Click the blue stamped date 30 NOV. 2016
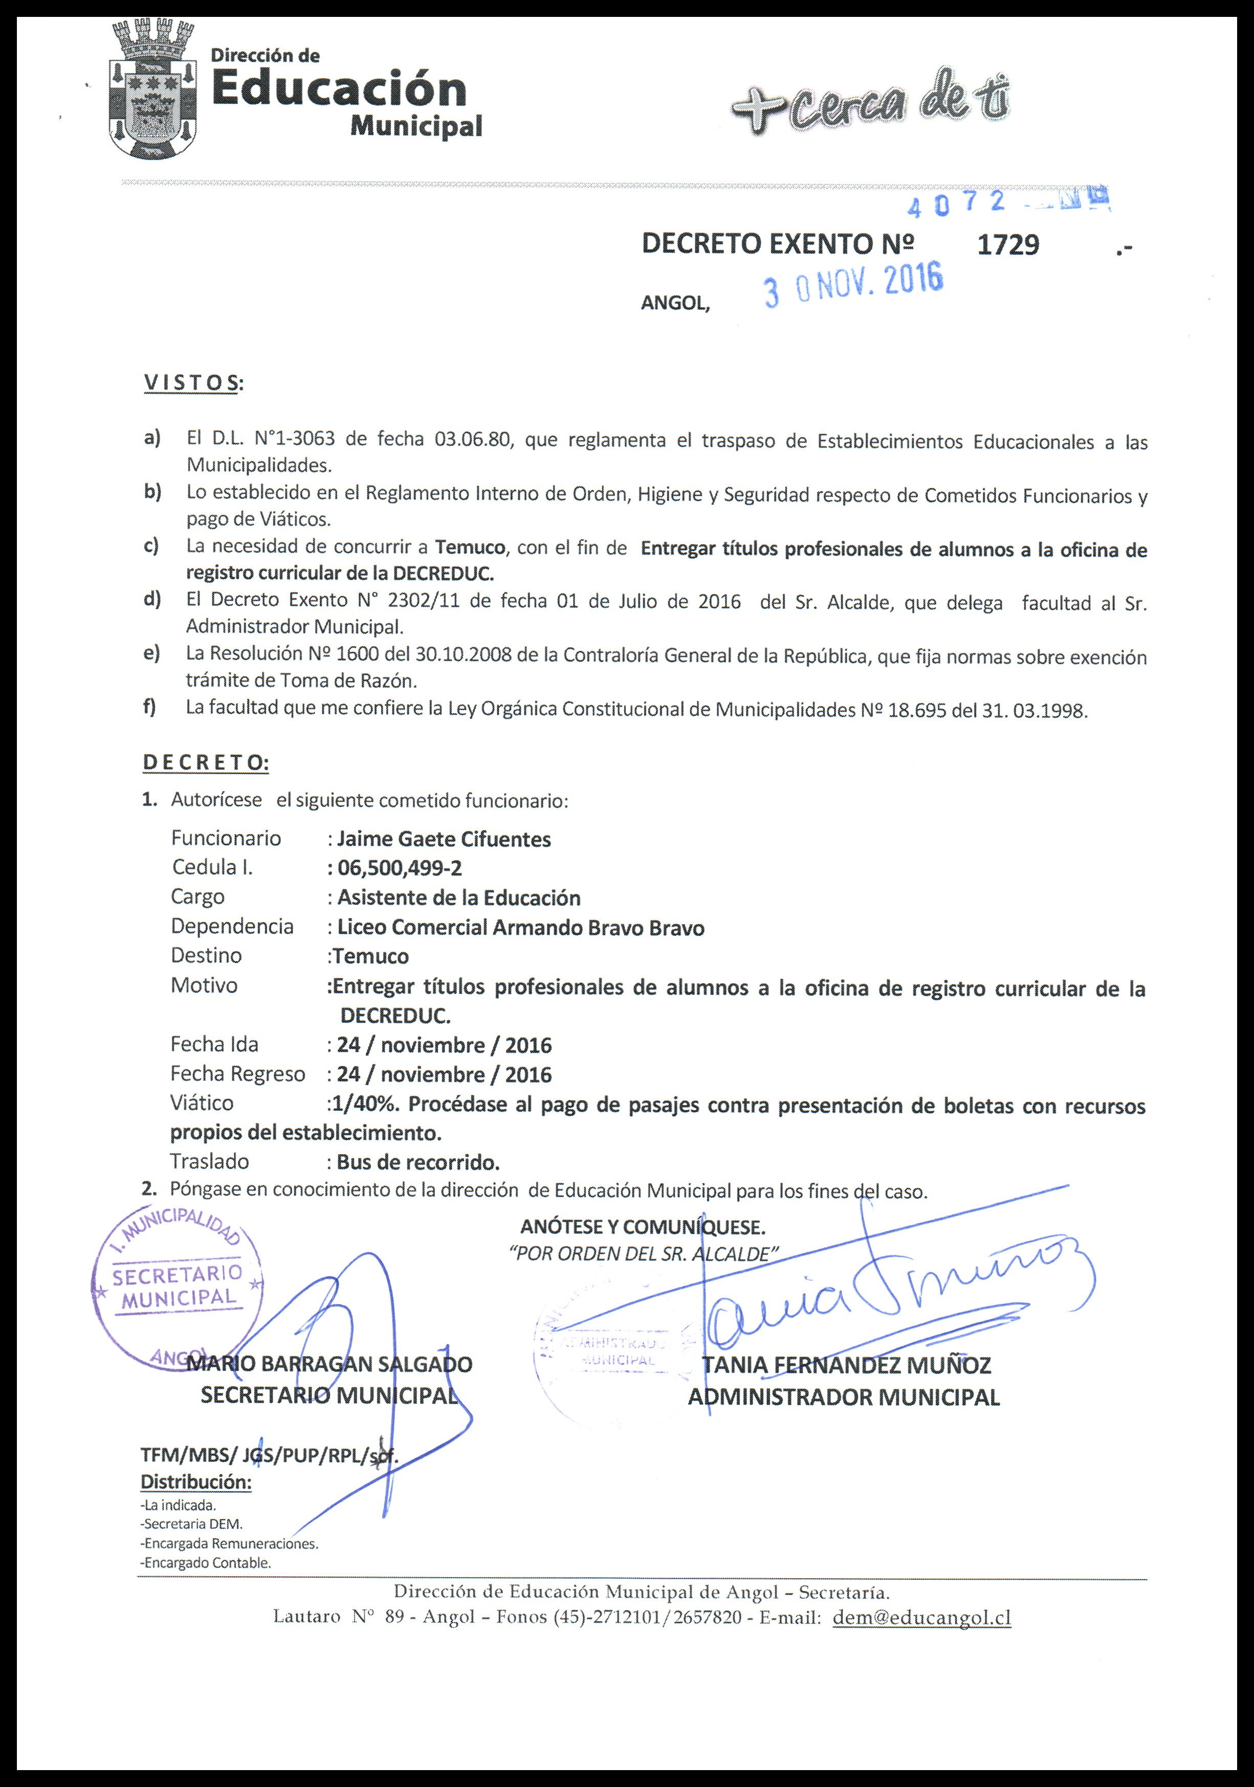(853, 286)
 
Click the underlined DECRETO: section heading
(205, 763)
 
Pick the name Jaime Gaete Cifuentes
(444, 839)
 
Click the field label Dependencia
(232, 926)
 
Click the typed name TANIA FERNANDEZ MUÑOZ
(846, 1365)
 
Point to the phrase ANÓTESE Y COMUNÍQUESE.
(643, 1227)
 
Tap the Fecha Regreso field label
(237, 1074)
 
